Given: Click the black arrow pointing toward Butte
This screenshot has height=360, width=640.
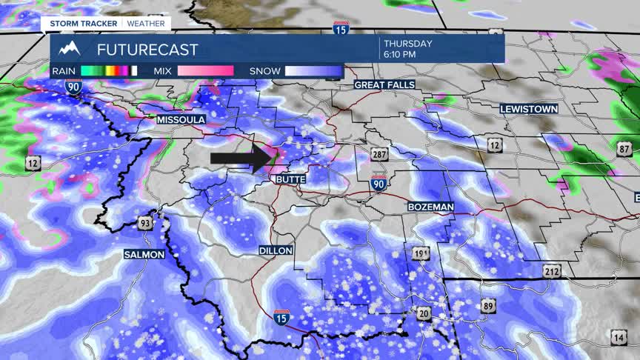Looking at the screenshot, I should coord(241,159).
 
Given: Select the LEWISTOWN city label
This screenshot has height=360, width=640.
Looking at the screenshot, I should coord(528,109).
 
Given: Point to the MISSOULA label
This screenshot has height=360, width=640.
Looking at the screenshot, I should coord(181,119).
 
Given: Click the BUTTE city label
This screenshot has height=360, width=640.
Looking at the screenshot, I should coord(290,180).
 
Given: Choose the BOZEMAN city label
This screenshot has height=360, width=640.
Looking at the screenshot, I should coord(430,207).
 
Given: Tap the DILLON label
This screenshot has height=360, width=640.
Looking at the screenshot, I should coord(276,251).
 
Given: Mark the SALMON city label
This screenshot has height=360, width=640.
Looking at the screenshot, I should coord(144,254).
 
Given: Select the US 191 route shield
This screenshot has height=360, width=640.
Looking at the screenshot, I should coord(421,253).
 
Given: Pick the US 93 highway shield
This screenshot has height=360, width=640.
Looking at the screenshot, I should coord(145,221).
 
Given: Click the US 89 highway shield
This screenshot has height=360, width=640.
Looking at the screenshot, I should coord(487,306).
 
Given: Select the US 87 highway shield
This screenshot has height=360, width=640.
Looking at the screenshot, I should coord(625,149).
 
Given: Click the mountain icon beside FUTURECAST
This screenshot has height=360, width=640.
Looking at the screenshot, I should coord(70,49).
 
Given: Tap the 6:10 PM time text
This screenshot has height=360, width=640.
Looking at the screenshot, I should coord(399,55).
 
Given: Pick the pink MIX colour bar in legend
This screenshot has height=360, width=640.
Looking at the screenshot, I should coord(204,71).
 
